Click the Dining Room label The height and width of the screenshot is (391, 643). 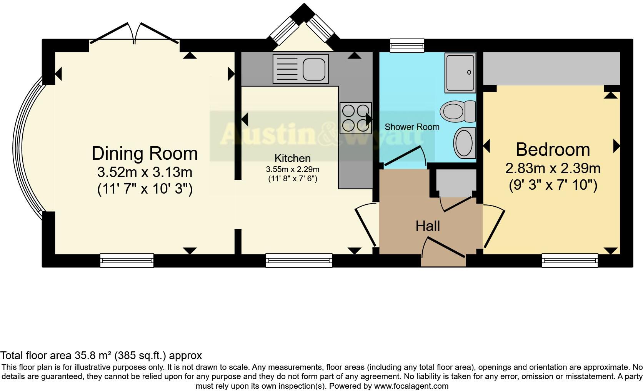[x=145, y=154]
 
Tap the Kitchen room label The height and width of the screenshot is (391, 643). [x=293, y=158]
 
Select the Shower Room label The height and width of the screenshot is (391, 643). [x=412, y=127]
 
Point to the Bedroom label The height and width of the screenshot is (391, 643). [x=553, y=150]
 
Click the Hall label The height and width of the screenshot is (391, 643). [x=428, y=226]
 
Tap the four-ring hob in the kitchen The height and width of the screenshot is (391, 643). [x=356, y=118]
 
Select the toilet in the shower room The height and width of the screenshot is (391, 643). [x=458, y=112]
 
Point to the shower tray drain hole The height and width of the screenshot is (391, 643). [x=469, y=72]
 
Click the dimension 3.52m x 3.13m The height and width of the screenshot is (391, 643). [x=145, y=172]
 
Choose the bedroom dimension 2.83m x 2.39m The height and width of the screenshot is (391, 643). [x=553, y=168]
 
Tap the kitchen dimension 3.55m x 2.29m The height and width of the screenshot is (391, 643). [x=293, y=169]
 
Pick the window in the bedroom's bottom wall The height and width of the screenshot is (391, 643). [x=570, y=260]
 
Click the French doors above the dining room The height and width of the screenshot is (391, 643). [x=134, y=34]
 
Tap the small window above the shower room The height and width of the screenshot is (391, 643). [x=407, y=46]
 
